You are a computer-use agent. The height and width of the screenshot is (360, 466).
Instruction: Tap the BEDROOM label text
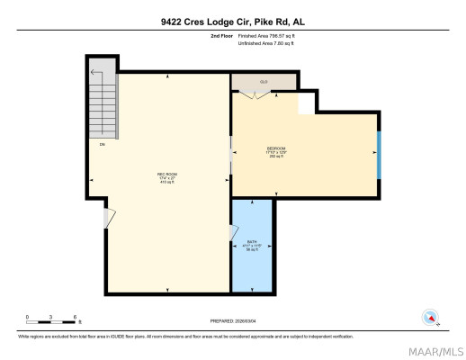[276, 148]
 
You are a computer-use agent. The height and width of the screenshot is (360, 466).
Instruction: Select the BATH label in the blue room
[252, 243]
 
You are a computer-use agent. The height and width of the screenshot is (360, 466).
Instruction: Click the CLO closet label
[264, 82]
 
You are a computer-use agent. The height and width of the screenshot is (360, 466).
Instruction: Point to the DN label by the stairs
[103, 145]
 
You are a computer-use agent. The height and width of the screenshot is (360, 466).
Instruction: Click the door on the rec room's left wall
[110, 219]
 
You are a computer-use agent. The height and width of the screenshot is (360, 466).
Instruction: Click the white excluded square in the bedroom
[306, 103]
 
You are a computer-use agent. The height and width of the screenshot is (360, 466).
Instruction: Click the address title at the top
[233, 22]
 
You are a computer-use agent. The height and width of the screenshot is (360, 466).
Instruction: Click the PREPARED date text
[233, 319]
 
